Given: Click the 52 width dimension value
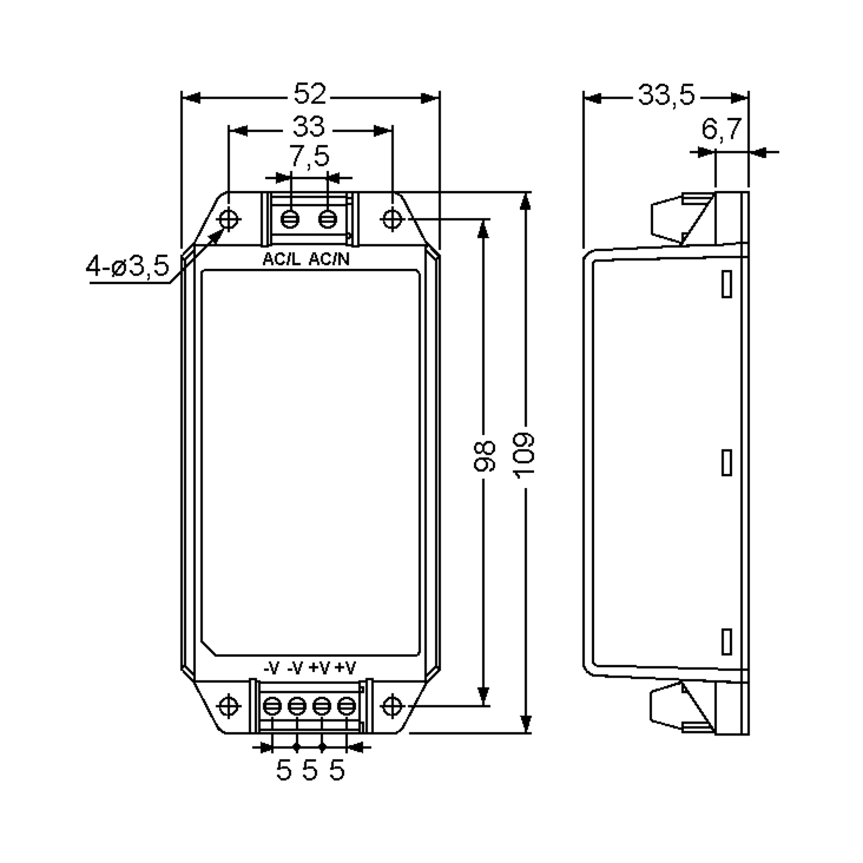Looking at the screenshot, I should (310, 94).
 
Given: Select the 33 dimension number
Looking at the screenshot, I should (309, 127).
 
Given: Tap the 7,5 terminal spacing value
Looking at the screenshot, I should (309, 156).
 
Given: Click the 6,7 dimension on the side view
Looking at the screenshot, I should (721, 129).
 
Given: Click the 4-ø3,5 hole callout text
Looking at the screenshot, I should (128, 266).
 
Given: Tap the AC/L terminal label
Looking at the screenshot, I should (282, 259).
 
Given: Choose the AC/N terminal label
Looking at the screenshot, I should (329, 259).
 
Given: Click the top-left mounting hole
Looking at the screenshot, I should (229, 219).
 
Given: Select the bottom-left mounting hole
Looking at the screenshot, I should (229, 706).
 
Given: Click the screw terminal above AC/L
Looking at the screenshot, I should (290, 219).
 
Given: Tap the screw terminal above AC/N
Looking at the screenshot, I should (328, 219).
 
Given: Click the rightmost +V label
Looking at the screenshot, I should (345, 668).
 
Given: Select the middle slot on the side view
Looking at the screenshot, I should (727, 462).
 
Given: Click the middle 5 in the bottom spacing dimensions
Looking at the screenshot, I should (310, 771).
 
